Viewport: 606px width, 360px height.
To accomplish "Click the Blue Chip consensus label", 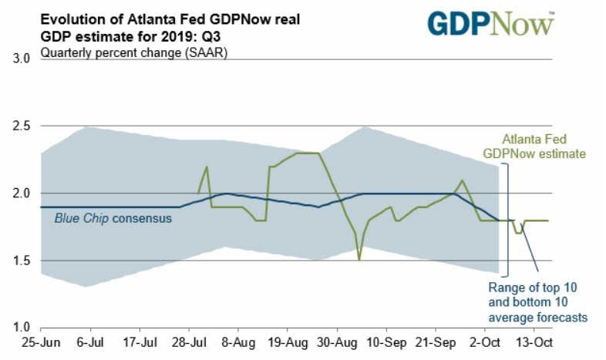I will coord(113,218).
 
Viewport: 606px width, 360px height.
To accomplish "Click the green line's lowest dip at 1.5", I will coord(359,260).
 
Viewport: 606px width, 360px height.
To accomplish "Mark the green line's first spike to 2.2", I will coord(207,167).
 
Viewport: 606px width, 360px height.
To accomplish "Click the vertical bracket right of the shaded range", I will coord(507,220).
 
